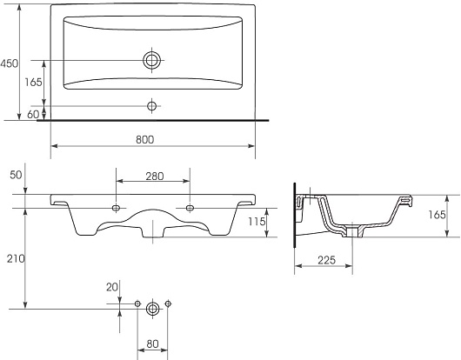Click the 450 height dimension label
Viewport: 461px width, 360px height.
point(9,63)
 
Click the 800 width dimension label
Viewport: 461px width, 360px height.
point(145,140)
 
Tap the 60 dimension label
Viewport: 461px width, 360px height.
point(33,114)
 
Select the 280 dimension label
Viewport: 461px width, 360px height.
point(155,177)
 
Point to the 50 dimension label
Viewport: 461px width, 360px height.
point(16,175)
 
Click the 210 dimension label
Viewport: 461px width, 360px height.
point(16,259)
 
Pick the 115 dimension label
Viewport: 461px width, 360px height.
point(257,222)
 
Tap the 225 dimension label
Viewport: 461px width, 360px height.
point(326,260)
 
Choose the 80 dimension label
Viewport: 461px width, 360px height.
point(152,343)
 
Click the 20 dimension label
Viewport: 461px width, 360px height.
point(112,287)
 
